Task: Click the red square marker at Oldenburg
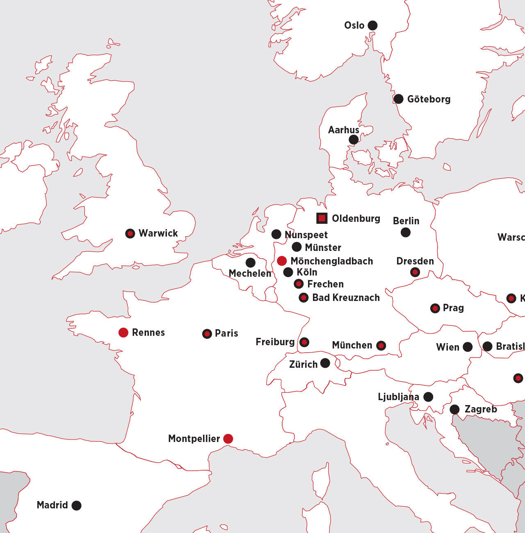pyautogui.click(x=322, y=218)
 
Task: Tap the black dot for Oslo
pyautogui.click(x=372, y=25)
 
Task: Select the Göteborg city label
pyautogui.click(x=429, y=99)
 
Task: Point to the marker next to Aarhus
pyautogui.click(x=354, y=139)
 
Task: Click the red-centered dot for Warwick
pyautogui.click(x=130, y=234)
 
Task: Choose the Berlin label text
pyautogui.click(x=406, y=221)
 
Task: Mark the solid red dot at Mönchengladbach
pyautogui.click(x=282, y=261)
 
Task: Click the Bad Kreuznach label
pyautogui.click(x=346, y=298)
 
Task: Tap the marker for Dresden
pyautogui.click(x=415, y=272)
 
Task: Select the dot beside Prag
pyautogui.click(x=435, y=308)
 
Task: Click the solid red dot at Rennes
pyautogui.click(x=123, y=333)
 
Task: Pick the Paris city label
pyautogui.click(x=226, y=333)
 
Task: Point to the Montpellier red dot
pyautogui.click(x=228, y=439)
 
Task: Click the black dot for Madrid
pyautogui.click(x=76, y=506)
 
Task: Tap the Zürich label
pyautogui.click(x=303, y=364)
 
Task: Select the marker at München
pyautogui.click(x=381, y=346)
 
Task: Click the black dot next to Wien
pyautogui.click(x=468, y=347)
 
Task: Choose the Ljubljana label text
pyautogui.click(x=398, y=397)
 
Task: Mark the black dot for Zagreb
pyautogui.click(x=454, y=409)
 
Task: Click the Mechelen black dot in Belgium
pyautogui.click(x=251, y=262)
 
